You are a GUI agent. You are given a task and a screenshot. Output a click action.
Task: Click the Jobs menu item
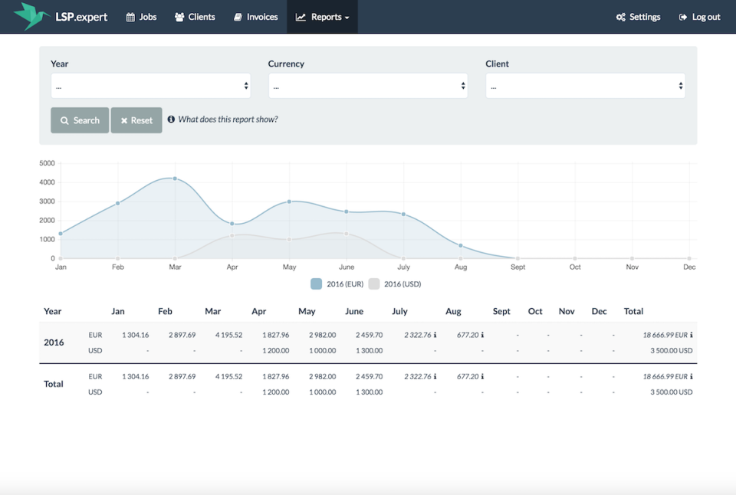(x=141, y=17)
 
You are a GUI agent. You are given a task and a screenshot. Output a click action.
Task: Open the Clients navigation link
(x=195, y=17)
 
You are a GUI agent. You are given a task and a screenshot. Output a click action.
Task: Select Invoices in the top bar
(x=255, y=17)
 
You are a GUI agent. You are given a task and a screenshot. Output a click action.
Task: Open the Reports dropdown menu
(x=322, y=17)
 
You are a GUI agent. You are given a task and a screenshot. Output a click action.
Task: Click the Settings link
(x=638, y=17)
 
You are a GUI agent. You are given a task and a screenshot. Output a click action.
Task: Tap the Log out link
(x=699, y=17)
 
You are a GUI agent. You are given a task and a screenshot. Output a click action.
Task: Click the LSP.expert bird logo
(x=31, y=16)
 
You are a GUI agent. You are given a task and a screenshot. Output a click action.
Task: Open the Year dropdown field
(x=150, y=86)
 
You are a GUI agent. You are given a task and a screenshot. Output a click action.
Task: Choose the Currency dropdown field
(x=368, y=86)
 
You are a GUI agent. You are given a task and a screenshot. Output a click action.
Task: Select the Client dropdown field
(x=585, y=86)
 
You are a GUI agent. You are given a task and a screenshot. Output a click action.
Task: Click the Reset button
(x=136, y=120)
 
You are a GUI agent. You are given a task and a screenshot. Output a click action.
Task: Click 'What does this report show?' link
(x=227, y=120)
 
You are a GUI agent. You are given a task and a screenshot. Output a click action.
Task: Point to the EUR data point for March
(x=175, y=179)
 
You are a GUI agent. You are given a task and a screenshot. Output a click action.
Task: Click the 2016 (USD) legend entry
(x=395, y=284)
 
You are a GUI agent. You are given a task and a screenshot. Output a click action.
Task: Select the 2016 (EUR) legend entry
(x=337, y=284)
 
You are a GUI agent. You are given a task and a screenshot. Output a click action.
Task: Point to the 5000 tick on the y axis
(x=47, y=163)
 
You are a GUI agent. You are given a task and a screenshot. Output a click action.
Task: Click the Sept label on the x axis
(x=517, y=267)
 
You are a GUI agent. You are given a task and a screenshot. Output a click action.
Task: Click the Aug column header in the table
(x=453, y=311)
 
